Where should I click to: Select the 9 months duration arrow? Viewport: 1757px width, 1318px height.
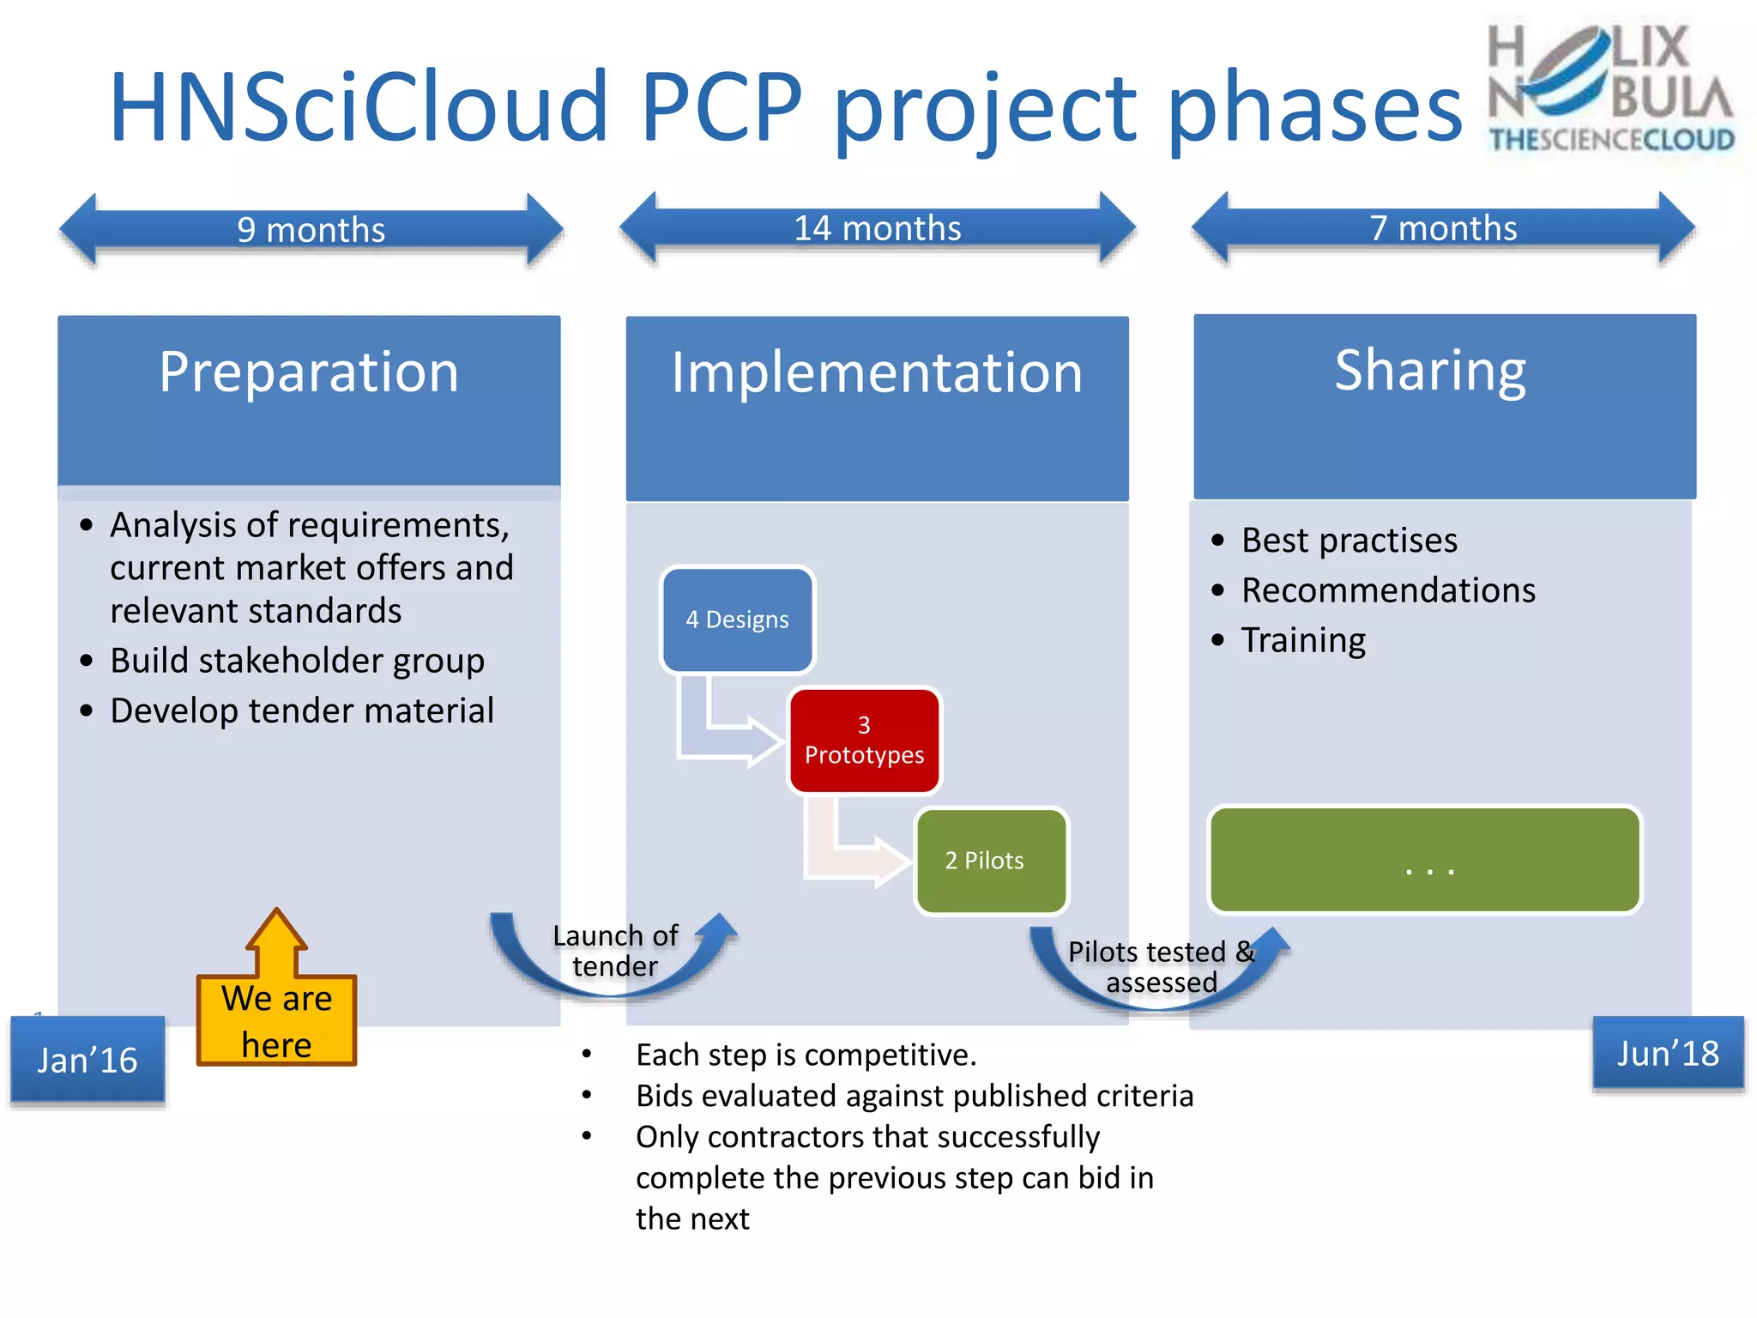(311, 229)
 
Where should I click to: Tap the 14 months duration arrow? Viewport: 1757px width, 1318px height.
(877, 227)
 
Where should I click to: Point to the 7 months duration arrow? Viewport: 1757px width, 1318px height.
(1443, 227)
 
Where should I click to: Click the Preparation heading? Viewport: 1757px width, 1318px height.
(309, 372)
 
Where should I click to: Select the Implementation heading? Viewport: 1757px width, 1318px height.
(877, 373)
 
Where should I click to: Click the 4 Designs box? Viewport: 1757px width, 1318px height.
(737, 620)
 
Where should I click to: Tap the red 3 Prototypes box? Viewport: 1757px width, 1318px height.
(864, 741)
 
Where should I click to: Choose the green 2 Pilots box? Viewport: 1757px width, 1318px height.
(990, 861)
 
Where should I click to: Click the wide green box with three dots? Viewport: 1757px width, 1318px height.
(1424, 860)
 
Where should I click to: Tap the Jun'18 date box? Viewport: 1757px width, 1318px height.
(1667, 1054)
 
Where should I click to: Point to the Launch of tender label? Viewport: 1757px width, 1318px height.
(615, 951)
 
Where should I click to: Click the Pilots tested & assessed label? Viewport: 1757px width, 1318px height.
(1161, 967)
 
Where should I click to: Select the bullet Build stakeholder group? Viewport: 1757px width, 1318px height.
(297, 661)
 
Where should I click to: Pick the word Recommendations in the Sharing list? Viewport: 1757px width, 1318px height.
(1388, 590)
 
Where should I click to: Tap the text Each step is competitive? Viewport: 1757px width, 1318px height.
(806, 1055)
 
